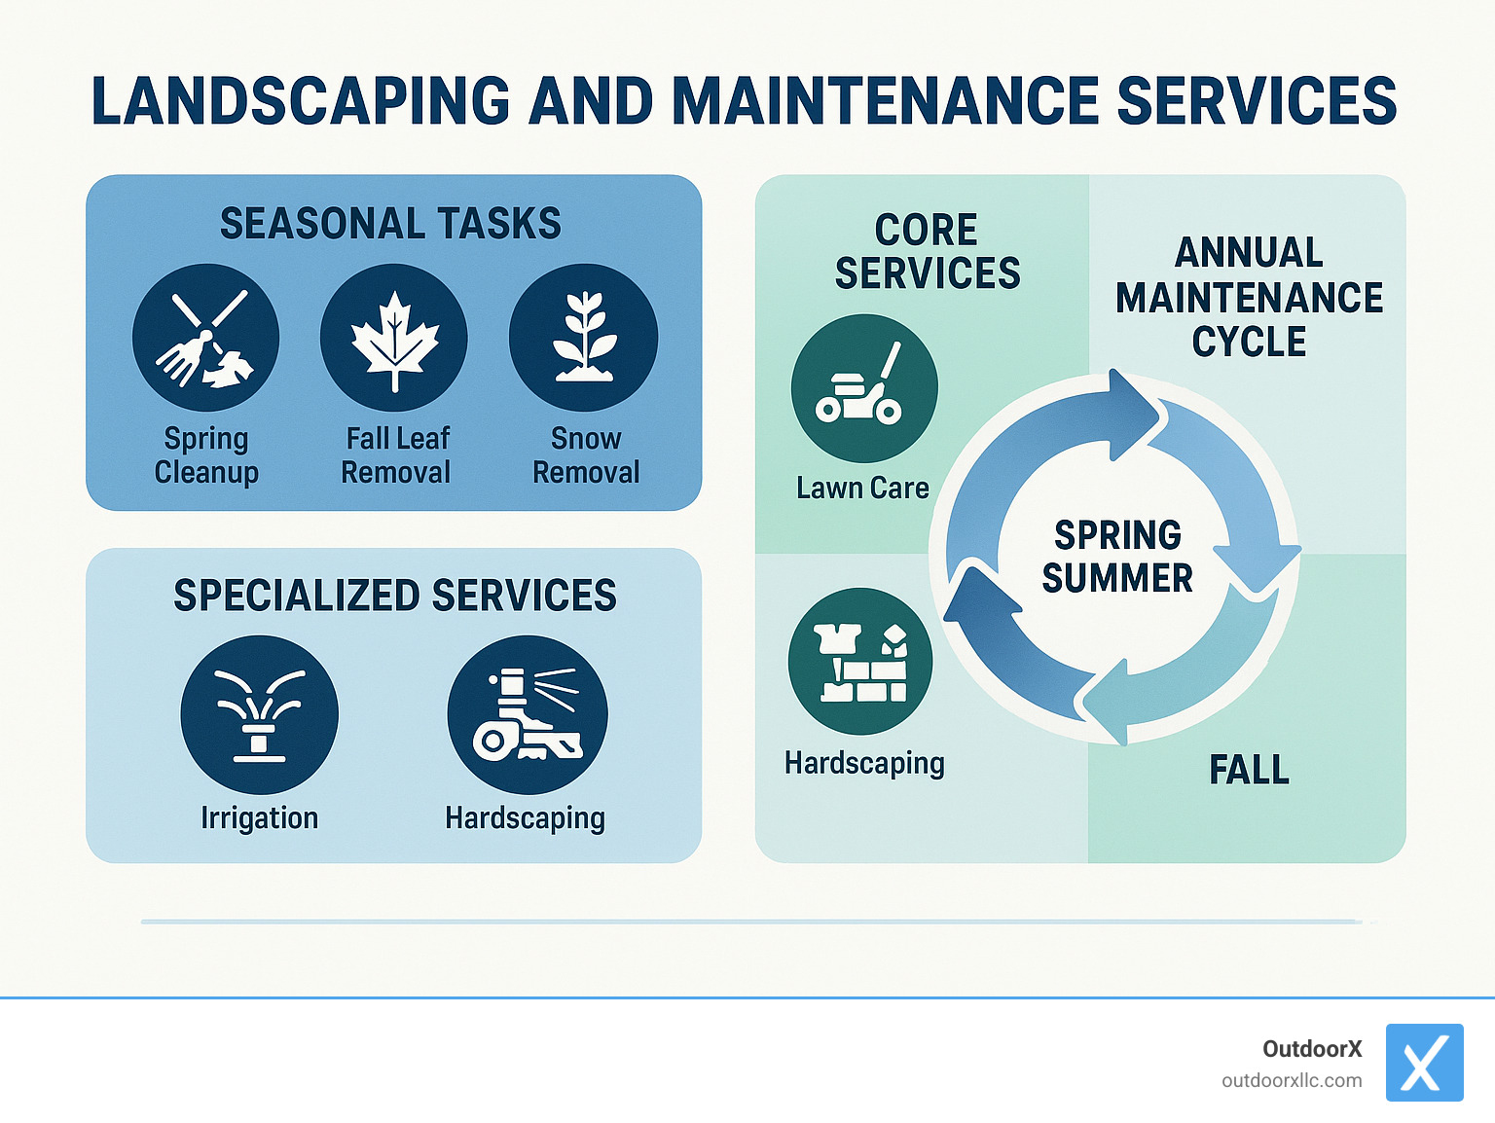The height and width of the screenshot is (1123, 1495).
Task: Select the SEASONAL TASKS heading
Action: (x=390, y=224)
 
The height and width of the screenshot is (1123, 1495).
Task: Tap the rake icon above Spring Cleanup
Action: (x=206, y=338)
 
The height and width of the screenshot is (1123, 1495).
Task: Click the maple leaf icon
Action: (x=394, y=338)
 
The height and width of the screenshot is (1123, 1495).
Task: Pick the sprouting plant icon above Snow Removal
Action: (x=583, y=338)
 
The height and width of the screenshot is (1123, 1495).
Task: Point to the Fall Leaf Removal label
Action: (x=396, y=455)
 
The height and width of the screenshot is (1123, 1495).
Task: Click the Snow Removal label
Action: (x=586, y=455)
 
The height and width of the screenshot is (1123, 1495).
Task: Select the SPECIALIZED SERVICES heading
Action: (x=394, y=596)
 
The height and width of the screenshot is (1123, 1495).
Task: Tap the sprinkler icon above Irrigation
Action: (x=259, y=715)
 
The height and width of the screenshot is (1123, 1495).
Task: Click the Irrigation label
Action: (x=259, y=817)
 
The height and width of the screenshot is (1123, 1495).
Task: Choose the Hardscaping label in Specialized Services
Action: (x=525, y=817)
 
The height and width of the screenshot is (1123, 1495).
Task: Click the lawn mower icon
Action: (x=863, y=388)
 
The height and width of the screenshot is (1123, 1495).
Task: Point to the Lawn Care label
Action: (x=862, y=488)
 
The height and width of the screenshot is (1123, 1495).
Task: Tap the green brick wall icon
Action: (x=860, y=662)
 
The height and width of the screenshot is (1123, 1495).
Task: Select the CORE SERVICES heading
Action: (x=927, y=252)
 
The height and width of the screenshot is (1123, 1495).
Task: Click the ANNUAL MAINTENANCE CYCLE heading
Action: (x=1249, y=297)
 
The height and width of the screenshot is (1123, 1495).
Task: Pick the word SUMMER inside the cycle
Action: (x=1117, y=578)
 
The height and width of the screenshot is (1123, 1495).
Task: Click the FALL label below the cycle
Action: (x=1249, y=770)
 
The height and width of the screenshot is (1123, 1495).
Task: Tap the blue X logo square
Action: (x=1424, y=1063)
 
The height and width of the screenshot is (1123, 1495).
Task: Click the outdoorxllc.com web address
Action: (x=1292, y=1081)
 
